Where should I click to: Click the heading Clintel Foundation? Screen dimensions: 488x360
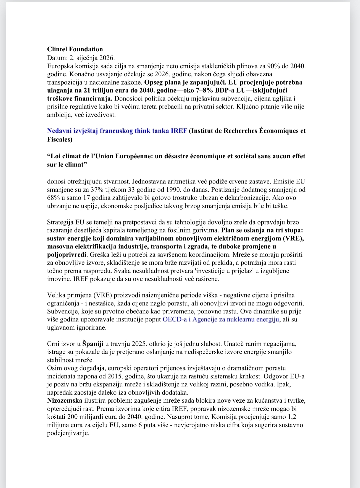click(x=75, y=49)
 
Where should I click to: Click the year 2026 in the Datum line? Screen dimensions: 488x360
click(x=106, y=58)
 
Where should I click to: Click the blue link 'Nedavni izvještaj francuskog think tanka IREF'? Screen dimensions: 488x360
click(x=117, y=131)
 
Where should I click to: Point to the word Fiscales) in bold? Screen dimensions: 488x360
click(x=60, y=139)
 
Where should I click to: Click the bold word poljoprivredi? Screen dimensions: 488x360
click(x=67, y=255)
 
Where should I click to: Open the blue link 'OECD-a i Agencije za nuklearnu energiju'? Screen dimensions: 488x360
click(x=221, y=319)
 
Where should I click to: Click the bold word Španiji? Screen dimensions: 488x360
click(x=93, y=344)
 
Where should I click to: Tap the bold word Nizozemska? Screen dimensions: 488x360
click(x=65, y=401)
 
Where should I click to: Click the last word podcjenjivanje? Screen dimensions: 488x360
click(x=68, y=433)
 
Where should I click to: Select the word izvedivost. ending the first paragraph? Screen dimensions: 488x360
click(x=100, y=115)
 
